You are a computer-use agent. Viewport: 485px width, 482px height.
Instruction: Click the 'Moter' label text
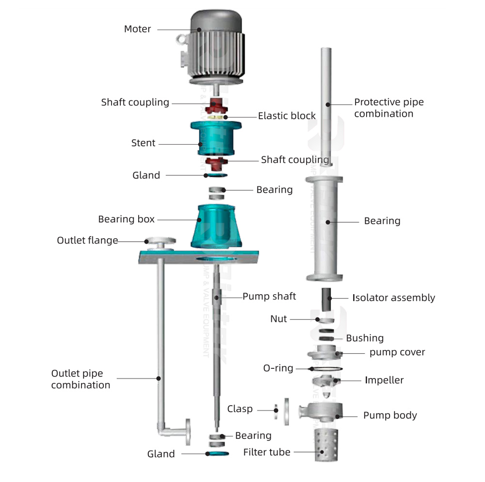click(137, 29)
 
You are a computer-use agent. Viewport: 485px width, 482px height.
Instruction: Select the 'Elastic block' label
click(287, 116)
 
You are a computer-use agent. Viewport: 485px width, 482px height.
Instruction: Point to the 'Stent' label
click(143, 143)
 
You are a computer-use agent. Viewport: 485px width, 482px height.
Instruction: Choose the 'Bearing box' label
click(126, 219)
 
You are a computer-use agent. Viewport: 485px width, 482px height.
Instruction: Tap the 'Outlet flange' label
click(87, 241)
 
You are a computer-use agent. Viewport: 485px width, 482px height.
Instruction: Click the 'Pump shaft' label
click(269, 296)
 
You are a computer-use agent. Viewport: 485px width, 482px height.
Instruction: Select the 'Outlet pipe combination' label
click(81, 379)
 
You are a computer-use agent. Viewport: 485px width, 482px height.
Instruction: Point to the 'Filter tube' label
click(267, 452)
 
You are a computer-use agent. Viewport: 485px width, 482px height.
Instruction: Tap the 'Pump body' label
click(390, 416)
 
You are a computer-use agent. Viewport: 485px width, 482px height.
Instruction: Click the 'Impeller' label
click(384, 380)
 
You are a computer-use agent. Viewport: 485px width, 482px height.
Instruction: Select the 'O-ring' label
click(278, 368)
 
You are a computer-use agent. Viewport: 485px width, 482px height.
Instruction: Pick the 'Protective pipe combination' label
click(388, 108)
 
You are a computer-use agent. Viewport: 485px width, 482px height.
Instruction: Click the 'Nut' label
click(278, 319)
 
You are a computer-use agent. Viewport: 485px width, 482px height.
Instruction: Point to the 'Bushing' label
click(365, 338)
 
